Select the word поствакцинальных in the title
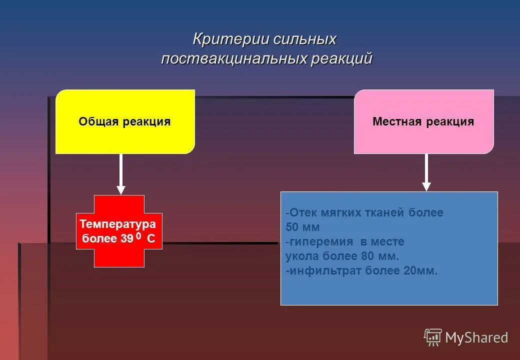pyautogui.click(x=233, y=58)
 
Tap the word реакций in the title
pyautogui.click(x=341, y=58)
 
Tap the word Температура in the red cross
pyautogui.click(x=118, y=223)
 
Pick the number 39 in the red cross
pyautogui.click(x=126, y=239)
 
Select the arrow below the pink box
pyautogui.click(x=426, y=172)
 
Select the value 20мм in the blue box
pyautogui.click(x=420, y=271)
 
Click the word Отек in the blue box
pyautogui.click(x=301, y=212)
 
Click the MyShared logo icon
pyautogui.click(x=433, y=337)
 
